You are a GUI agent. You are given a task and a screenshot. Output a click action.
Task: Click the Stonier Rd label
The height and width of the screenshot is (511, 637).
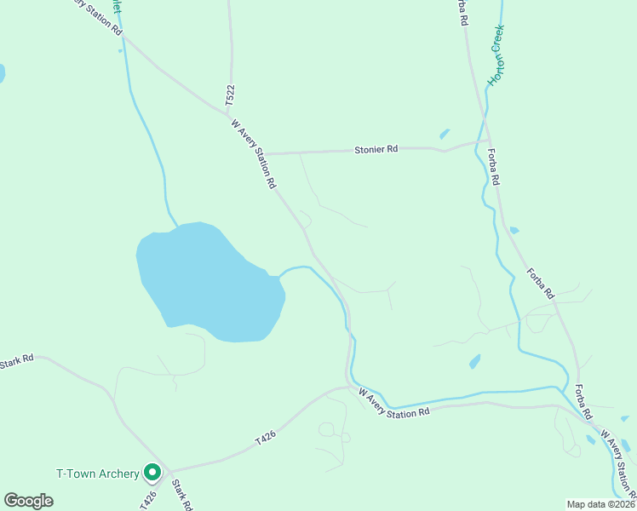[376, 150]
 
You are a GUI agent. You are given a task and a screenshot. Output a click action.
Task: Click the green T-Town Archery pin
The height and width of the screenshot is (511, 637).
[152, 471]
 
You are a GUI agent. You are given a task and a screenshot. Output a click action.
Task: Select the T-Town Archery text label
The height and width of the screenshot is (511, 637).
[97, 474]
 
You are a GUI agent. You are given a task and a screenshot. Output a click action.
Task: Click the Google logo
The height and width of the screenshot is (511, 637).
[28, 501]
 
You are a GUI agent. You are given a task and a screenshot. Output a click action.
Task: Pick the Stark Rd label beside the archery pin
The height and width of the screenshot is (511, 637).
[180, 495]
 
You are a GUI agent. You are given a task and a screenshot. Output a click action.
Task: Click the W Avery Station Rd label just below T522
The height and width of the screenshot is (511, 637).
[255, 154]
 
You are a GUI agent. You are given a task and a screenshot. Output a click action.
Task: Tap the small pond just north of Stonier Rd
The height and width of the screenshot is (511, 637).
[444, 134]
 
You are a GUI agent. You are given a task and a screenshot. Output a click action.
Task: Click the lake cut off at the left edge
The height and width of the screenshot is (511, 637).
[2, 73]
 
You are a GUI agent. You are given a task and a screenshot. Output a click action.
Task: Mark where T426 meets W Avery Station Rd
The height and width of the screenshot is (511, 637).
[349, 388]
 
